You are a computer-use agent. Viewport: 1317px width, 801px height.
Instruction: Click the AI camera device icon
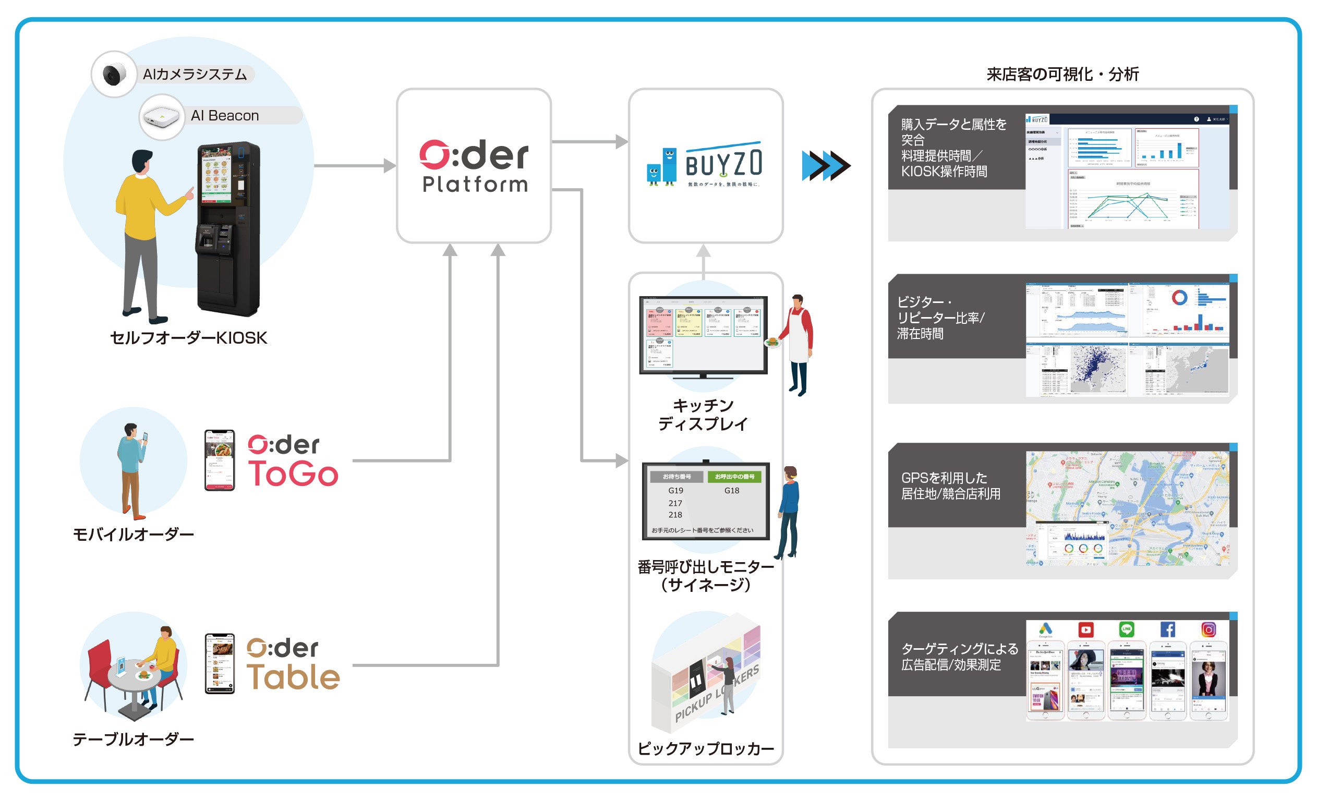point(113,74)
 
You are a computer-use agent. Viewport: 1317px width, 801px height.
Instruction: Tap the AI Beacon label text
point(224,115)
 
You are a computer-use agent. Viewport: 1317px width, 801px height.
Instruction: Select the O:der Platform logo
point(474,166)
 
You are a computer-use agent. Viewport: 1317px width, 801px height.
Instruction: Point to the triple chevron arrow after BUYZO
point(826,166)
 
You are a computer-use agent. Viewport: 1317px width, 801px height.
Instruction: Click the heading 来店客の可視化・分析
point(1062,74)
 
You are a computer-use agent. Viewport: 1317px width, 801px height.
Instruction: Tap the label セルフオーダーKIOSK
point(188,338)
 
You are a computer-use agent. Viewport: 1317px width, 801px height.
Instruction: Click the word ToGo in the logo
point(293,474)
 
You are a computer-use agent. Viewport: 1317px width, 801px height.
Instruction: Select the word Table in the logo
point(293,677)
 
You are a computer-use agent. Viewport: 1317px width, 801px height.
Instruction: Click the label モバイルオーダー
point(133,534)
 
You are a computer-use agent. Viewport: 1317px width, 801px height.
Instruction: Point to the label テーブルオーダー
point(133,739)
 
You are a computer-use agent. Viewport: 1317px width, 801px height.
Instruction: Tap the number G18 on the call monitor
point(732,491)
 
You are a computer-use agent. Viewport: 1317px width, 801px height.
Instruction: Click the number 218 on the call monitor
point(675,515)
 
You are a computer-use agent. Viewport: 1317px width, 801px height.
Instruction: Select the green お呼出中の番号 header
point(734,477)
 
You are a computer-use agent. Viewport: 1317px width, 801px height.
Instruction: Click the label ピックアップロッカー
point(706,749)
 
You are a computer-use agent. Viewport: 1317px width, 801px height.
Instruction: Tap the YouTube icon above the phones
point(1085,630)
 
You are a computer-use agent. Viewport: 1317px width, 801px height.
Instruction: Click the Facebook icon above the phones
point(1167,630)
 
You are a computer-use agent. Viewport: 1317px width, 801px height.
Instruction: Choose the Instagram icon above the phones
point(1209,629)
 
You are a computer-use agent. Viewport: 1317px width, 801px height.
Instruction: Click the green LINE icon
point(1126,629)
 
